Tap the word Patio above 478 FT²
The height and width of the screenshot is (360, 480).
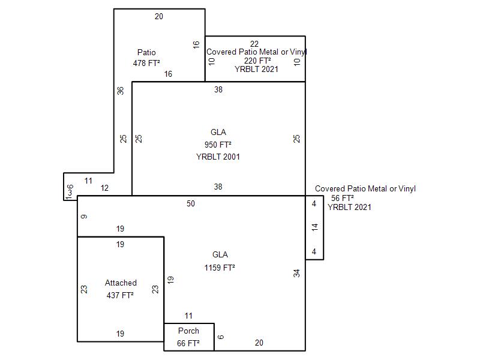point(146,53)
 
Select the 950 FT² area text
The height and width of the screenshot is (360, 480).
point(218,145)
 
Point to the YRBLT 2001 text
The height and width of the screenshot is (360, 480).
point(218,157)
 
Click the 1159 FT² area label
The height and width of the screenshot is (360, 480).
point(220,268)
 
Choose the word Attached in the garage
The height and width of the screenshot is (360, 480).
point(121,283)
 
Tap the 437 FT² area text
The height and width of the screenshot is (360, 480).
point(120,295)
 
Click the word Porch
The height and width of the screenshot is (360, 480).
point(188,331)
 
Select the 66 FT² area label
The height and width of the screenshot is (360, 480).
point(188,344)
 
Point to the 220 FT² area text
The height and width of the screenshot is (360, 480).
point(257,61)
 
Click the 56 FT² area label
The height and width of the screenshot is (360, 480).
point(343,198)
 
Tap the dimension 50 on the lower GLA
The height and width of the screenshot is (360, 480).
point(191,204)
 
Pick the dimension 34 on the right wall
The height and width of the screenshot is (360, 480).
point(296,273)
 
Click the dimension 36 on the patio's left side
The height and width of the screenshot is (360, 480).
point(121,91)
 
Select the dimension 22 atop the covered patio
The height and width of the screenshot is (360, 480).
point(254,44)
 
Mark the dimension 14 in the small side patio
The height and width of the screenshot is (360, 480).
point(314,227)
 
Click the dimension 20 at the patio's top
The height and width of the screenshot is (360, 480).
point(158,17)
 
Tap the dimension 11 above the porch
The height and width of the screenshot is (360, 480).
point(188,316)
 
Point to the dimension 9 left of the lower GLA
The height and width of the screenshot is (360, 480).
point(83,216)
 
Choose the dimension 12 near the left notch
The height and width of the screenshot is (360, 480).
point(104,188)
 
